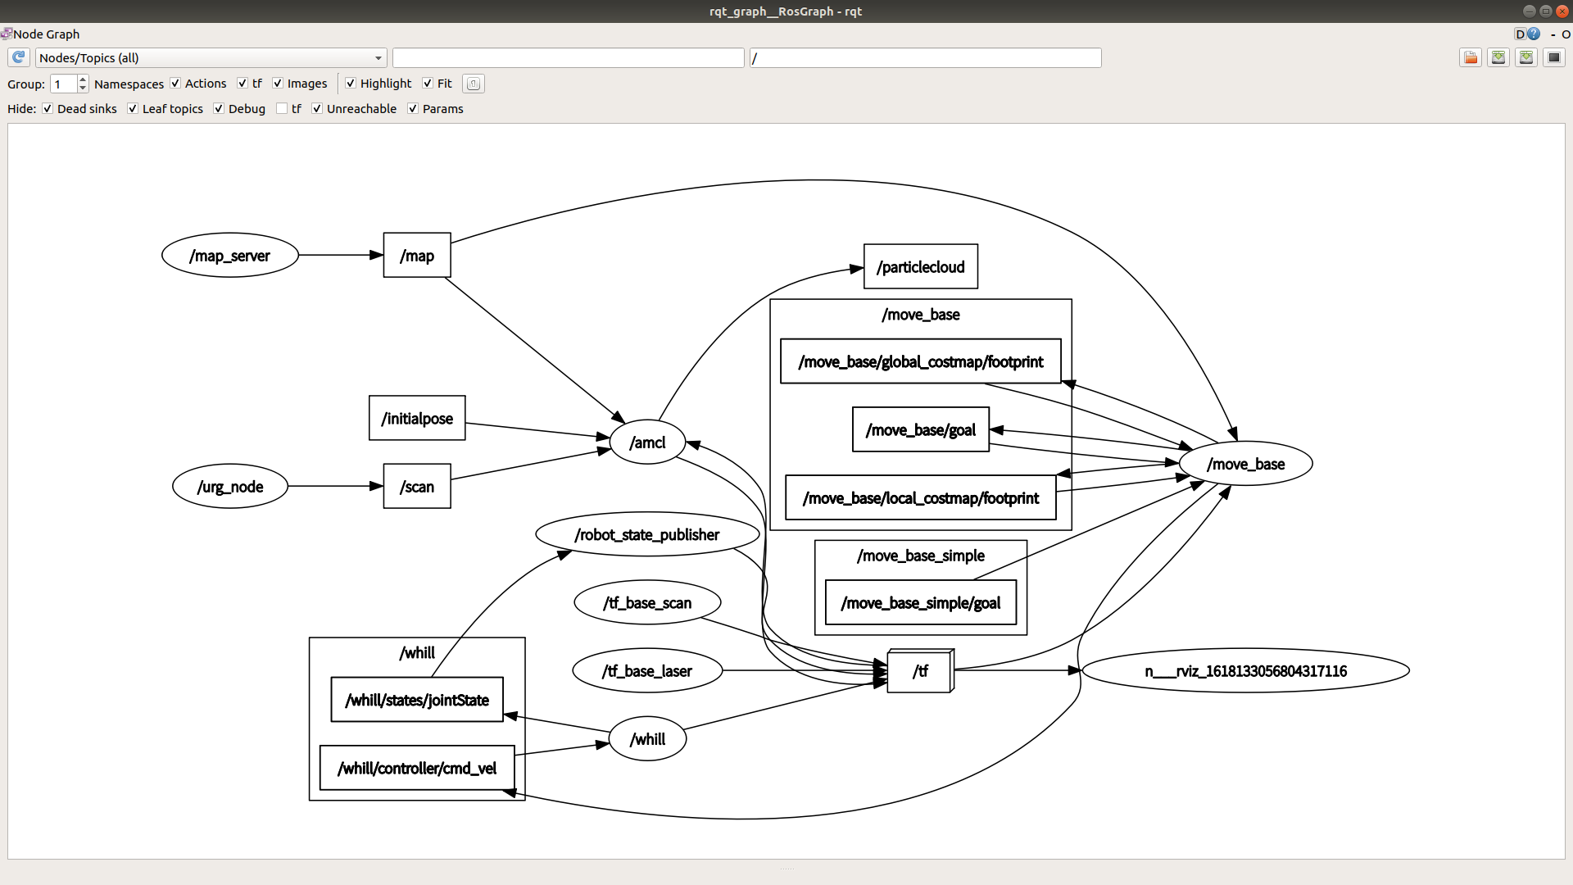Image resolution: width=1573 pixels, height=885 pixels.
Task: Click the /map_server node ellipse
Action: [x=230, y=256]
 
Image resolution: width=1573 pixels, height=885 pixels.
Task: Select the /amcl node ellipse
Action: [x=647, y=442]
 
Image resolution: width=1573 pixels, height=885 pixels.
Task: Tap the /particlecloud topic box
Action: [x=920, y=267]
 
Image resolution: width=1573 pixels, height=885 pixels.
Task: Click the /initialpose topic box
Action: [x=417, y=419]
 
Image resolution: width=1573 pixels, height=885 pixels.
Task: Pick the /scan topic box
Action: [x=417, y=487]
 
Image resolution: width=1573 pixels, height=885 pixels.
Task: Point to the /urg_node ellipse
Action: [x=230, y=487]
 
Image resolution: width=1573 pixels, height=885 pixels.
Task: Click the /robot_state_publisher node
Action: [x=647, y=535]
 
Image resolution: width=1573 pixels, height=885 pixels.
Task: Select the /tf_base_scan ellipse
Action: [x=647, y=603]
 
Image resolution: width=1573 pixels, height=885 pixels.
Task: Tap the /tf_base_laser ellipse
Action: [x=647, y=671]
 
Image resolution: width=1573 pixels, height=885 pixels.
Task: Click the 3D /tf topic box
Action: [x=919, y=672]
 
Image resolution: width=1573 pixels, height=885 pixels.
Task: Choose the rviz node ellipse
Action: [x=1245, y=671]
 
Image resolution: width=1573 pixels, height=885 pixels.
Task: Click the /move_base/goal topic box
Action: [x=920, y=430]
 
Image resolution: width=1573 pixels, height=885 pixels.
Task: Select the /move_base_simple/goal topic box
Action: [x=920, y=603]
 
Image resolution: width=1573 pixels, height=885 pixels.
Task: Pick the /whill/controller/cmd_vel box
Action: [x=417, y=769]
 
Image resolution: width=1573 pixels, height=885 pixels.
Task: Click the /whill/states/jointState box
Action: [x=417, y=701]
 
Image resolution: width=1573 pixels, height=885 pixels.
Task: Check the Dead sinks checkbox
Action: [x=48, y=109]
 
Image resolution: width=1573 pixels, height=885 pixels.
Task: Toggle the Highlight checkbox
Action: [x=351, y=84]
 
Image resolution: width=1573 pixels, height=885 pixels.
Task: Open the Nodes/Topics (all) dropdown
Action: [x=211, y=58]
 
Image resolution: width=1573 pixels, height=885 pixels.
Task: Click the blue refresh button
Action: [x=19, y=57]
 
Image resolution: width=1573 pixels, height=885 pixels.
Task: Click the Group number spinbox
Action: [x=63, y=84]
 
